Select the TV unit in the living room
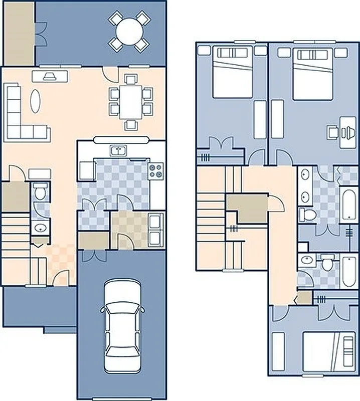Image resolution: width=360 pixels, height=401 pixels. pos(50,76)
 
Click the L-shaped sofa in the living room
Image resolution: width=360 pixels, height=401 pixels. pos(20,120)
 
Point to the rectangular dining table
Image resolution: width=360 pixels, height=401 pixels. pos(130,102)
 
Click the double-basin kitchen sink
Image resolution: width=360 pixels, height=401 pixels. pos(118,150)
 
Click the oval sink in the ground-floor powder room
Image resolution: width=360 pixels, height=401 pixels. pos(40,229)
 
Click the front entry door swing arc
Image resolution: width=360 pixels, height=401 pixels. pos(62,277)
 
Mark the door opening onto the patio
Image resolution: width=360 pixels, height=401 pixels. pos(110,75)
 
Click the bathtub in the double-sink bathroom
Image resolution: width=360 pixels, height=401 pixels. pos(347,204)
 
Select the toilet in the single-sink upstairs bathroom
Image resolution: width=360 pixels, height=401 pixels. pos(327,264)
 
